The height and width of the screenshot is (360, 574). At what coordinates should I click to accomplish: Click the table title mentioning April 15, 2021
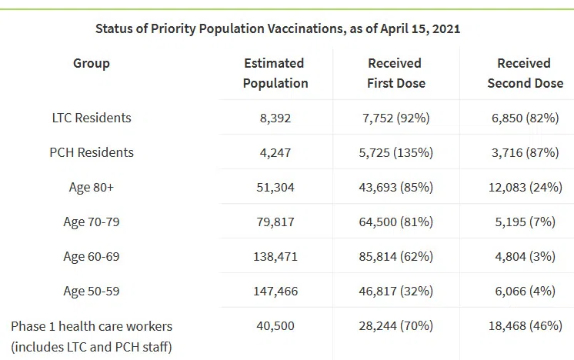(278, 28)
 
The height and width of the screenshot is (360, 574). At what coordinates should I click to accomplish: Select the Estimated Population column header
(275, 73)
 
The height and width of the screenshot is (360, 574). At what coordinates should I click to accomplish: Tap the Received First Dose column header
(396, 73)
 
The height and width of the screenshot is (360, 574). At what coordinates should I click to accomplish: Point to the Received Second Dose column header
(524, 73)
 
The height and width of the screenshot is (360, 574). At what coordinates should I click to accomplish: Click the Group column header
(92, 63)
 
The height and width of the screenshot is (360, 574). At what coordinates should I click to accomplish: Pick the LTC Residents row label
(92, 118)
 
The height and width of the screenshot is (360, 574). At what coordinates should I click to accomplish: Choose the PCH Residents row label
(92, 152)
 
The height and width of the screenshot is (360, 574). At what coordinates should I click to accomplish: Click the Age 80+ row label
(92, 187)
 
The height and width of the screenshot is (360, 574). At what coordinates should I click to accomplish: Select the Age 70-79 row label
(92, 222)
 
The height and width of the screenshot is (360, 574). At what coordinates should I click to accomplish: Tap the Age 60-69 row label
(92, 257)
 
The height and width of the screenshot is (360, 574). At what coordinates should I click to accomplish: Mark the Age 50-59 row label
(92, 292)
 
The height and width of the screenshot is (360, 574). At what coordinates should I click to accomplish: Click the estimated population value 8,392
(275, 118)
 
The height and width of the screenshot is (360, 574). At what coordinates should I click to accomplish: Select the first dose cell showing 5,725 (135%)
(396, 153)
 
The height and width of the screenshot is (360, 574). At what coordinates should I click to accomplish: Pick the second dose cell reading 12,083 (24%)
(524, 188)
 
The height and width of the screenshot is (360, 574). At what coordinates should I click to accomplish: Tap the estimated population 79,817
(275, 222)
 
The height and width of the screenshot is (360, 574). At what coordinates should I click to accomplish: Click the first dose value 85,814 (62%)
(396, 257)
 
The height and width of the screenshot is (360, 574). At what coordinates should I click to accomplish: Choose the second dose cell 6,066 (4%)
(524, 292)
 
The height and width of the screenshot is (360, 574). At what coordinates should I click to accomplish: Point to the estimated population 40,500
(275, 326)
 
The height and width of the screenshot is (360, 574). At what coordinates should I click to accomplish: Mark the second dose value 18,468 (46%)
(524, 326)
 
